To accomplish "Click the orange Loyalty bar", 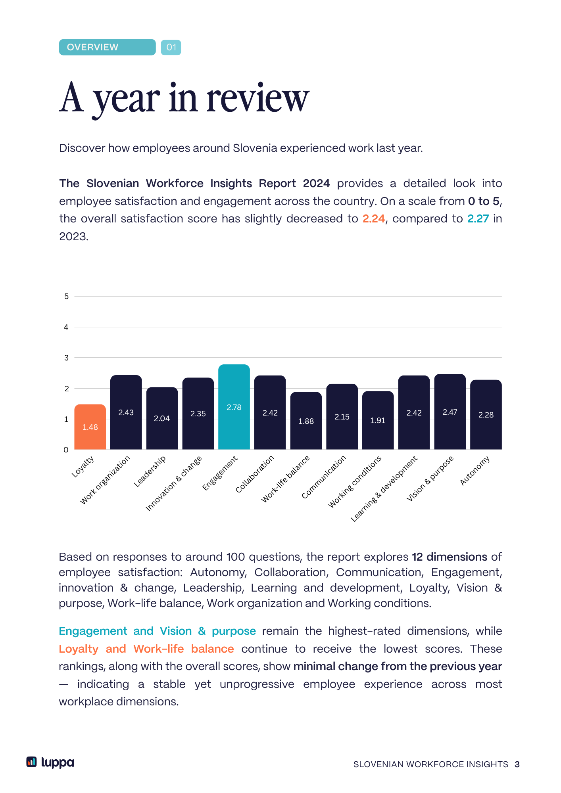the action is click(90, 427).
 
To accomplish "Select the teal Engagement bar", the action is click(234, 407).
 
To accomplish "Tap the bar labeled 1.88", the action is click(306, 421).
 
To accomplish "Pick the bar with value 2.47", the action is click(450, 412).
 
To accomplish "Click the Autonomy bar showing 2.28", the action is click(486, 414).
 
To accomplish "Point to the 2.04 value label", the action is click(162, 418).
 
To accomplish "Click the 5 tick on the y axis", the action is click(66, 296).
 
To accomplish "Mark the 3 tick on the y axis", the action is click(66, 358).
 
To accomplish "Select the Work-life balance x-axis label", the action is click(285, 479).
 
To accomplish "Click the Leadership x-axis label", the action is click(150, 471).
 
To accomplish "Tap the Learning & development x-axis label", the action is click(384, 488).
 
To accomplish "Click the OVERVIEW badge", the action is click(108, 47).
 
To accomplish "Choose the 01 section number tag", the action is click(171, 48).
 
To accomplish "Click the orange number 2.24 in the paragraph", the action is click(374, 218).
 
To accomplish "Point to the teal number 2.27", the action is click(478, 218).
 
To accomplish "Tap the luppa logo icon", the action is click(31, 762).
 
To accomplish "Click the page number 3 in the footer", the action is click(517, 764).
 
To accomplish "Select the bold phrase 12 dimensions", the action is click(450, 557).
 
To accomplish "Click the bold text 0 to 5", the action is click(484, 201).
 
